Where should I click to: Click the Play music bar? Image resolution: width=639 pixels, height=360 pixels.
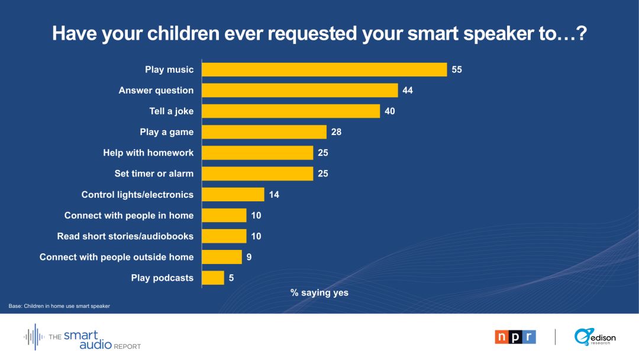tap(324, 69)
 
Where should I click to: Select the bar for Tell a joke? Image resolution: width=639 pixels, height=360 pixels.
tap(291, 111)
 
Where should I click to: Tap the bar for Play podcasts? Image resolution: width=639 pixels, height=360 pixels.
tap(213, 278)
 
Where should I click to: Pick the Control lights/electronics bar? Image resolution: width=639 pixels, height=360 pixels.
tap(233, 194)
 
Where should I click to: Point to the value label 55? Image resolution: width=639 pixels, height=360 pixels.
tap(457, 69)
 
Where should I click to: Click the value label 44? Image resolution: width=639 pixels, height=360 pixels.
tap(408, 91)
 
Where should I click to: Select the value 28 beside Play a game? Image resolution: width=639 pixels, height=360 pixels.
tap(336, 132)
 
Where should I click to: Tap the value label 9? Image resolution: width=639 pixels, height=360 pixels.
tap(248, 257)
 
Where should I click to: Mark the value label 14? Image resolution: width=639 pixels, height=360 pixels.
tap(274, 194)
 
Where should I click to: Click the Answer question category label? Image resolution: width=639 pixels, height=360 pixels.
tap(156, 91)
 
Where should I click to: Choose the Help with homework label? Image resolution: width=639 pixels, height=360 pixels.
tap(148, 153)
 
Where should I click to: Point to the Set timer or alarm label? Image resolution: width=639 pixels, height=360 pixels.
tap(154, 173)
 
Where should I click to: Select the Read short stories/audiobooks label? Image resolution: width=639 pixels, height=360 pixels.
tap(125, 236)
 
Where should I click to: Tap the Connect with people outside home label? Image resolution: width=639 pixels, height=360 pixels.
tap(117, 257)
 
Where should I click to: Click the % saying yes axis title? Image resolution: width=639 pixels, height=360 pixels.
tap(319, 292)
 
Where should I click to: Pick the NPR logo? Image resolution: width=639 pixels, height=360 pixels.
tap(515, 337)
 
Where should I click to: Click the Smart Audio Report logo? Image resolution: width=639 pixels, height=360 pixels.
tap(83, 337)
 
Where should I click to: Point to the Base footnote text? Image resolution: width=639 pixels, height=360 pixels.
tap(59, 306)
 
